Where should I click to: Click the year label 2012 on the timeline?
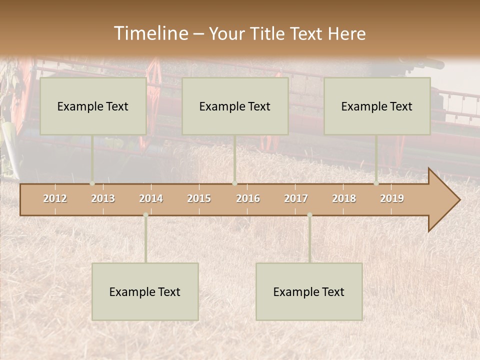[x=55, y=198]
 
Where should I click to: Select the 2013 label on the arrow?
[x=103, y=198]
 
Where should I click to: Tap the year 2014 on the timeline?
[x=151, y=198]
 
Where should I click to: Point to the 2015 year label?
[x=199, y=198]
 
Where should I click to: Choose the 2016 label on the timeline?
[x=248, y=198]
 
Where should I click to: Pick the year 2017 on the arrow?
[x=296, y=198]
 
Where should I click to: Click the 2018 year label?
[x=344, y=198]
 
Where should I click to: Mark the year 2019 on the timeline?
[x=392, y=198]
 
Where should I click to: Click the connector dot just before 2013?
[x=92, y=183]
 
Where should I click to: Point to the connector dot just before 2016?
[x=234, y=183]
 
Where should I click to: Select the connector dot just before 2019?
[x=376, y=183]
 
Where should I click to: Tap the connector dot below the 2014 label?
[x=145, y=215]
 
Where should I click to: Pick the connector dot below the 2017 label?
[x=309, y=215]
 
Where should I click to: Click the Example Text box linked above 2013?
[x=93, y=106]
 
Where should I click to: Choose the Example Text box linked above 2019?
[x=377, y=106]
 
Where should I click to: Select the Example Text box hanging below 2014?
[x=145, y=291]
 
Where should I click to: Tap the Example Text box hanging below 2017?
[x=309, y=291]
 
